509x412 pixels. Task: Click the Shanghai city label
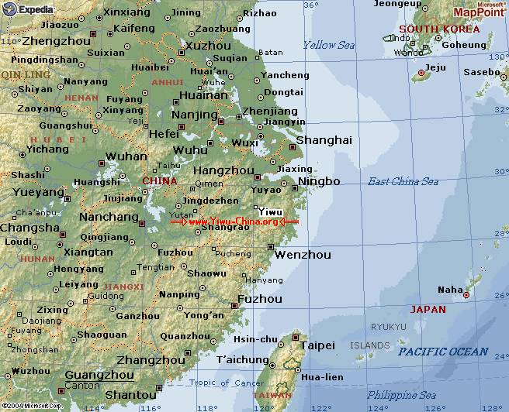pyautogui.click(x=324, y=140)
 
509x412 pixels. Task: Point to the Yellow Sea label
pyautogui.click(x=329, y=45)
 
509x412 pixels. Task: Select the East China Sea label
pyautogui.click(x=403, y=181)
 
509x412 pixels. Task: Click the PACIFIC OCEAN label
pyautogui.click(x=443, y=352)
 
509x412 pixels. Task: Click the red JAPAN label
pyautogui.click(x=428, y=309)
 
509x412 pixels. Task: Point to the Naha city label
pyautogui.click(x=450, y=290)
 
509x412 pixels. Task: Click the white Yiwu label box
pyautogui.click(x=270, y=211)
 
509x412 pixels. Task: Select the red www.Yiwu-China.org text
pyautogui.click(x=234, y=222)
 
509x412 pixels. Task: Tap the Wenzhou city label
pyautogui.click(x=303, y=255)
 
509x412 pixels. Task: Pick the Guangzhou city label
pyautogui.click(x=78, y=375)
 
